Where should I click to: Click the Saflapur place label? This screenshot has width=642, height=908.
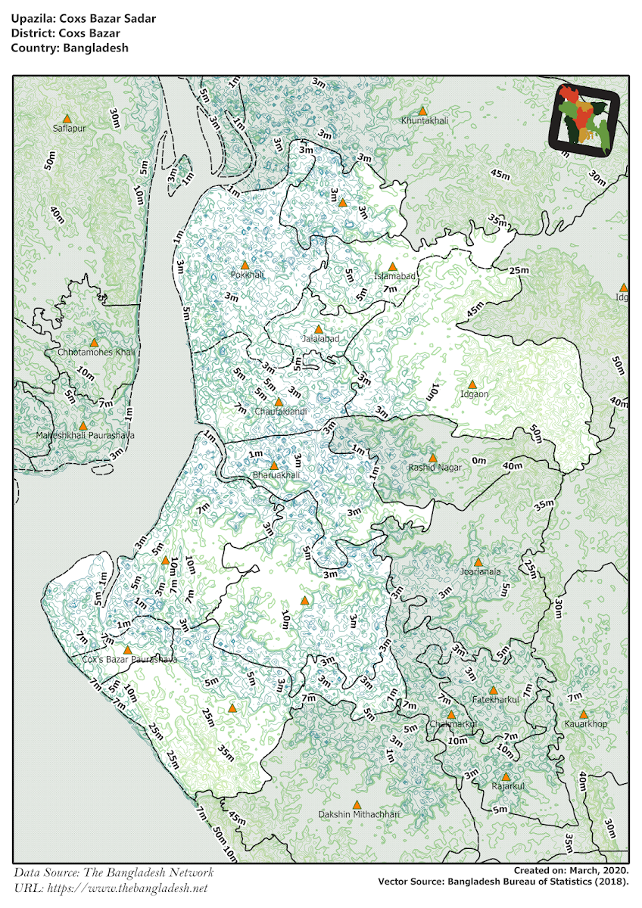coord(70,129)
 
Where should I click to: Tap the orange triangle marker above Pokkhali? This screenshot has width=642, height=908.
coord(245,266)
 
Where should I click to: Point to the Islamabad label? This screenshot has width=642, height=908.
coord(394,277)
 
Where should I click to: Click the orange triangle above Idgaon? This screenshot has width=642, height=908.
coord(472,384)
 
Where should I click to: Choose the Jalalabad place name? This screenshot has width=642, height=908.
coord(320,339)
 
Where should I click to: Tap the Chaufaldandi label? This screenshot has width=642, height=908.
coord(280,412)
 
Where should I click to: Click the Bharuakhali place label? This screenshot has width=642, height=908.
coord(276,475)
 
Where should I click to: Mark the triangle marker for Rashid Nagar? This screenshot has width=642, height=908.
coord(432,458)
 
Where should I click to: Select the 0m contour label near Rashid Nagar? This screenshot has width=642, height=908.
coord(478,461)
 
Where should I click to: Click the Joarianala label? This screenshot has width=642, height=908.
coord(480,572)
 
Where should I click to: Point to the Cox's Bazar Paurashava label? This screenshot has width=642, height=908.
coord(129,660)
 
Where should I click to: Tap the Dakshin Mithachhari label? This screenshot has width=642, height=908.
coord(358,814)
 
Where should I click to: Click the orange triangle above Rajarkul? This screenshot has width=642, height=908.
coord(506,776)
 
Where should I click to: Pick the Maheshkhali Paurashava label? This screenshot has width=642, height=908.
coord(85,436)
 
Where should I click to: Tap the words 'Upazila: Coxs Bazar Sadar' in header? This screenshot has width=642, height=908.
coord(83,18)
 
